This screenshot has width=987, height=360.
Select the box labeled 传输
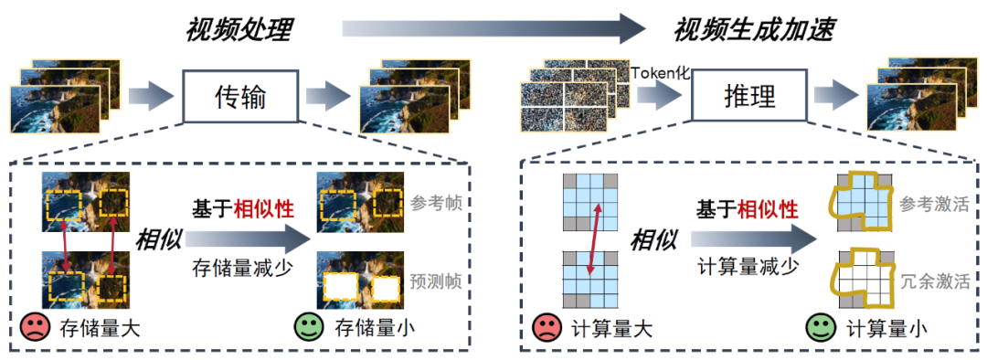tap(240, 96)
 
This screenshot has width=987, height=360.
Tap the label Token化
tap(658, 70)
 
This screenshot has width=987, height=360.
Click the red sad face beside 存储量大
tap(35, 326)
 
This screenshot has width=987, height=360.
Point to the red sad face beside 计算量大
tap(547, 326)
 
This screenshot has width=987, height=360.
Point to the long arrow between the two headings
tap(493, 29)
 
